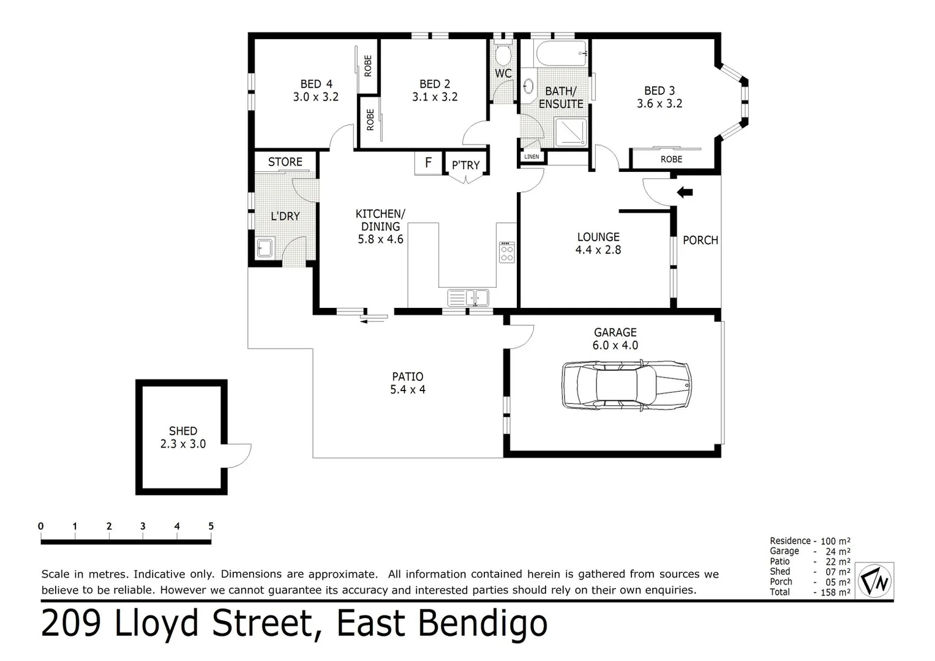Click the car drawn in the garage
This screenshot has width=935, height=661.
click(626, 385)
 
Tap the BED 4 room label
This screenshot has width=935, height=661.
click(316, 84)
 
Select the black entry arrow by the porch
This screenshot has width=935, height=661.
click(685, 193)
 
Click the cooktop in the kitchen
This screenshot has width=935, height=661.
click(507, 252)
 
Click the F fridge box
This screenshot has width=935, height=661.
click(429, 163)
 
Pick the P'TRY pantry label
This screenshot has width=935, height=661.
click(465, 165)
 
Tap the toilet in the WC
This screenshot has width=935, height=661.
click(503, 55)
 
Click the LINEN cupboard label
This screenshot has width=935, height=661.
click(531, 157)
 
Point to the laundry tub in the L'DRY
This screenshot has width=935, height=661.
click(265, 248)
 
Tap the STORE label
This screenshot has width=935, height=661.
click(285, 162)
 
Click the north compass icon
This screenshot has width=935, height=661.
click(874, 580)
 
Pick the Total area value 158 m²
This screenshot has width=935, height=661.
click(836, 592)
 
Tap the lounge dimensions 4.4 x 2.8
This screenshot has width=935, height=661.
click(598, 250)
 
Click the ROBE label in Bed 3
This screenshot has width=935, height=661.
click(671, 159)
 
